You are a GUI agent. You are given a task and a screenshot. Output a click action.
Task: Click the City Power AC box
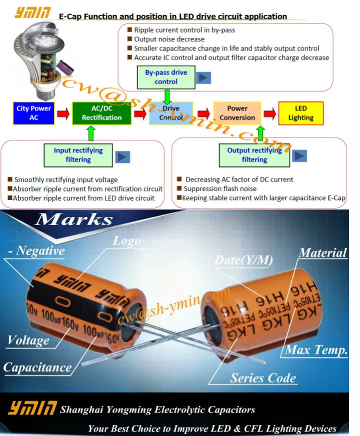point(33,113)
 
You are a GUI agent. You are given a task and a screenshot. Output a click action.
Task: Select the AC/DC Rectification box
point(102,113)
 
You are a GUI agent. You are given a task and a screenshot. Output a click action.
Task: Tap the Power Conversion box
point(237,113)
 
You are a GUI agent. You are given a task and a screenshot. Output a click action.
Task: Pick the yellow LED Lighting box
point(300,113)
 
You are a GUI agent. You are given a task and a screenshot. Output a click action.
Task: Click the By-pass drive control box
point(166,77)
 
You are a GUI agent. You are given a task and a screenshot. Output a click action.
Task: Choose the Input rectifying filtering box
point(78,155)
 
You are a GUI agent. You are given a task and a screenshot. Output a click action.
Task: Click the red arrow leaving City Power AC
point(62,113)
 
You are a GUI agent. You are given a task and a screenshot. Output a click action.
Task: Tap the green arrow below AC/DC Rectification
point(90,133)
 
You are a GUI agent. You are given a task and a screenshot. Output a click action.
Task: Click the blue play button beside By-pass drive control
point(203,78)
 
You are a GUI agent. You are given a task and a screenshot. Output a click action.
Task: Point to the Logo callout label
point(126,240)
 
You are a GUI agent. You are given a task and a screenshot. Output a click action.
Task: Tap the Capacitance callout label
point(37,367)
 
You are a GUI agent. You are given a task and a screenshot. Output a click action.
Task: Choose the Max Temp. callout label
point(316,350)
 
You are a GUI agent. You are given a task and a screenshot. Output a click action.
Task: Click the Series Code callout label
point(263,377)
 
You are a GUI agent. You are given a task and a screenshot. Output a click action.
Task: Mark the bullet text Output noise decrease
point(169,39)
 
